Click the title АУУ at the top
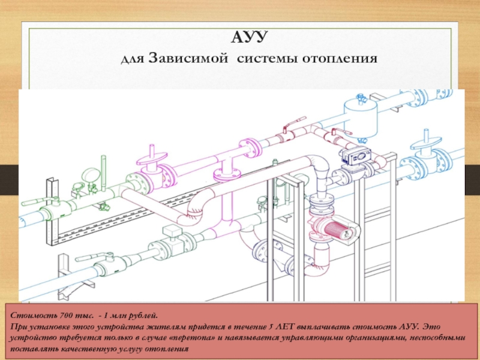point(248,37)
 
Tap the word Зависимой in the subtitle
point(188,58)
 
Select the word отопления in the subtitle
point(340,58)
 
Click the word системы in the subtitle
point(266,58)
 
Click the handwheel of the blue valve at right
point(427,143)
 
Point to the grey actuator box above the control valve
point(356,156)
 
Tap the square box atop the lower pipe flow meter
point(172,230)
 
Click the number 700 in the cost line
point(67,316)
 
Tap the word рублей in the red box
point(143,316)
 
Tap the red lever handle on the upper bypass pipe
point(295,121)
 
